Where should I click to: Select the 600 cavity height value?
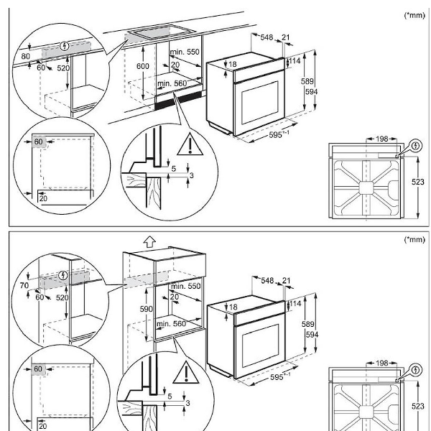tap(143, 65)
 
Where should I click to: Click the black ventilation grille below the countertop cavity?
tap(173, 102)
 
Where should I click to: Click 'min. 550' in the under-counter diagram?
tap(184, 53)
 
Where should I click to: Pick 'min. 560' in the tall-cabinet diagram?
tap(171, 324)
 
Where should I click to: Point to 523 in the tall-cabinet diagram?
tap(418, 406)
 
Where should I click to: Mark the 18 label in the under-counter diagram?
tap(232, 65)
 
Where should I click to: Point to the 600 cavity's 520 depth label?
tap(62, 68)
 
